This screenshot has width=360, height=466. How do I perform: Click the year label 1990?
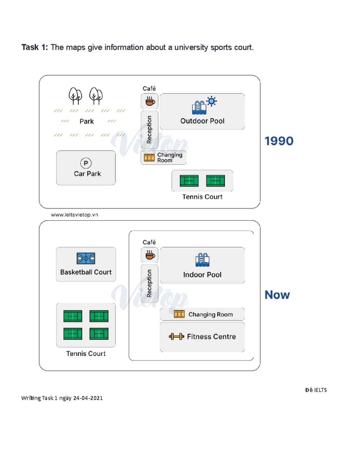coord(279,141)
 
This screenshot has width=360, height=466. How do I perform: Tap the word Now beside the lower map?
coord(277,295)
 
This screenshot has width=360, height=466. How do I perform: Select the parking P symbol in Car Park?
coord(86,163)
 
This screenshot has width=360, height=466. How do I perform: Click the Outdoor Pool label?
coord(202,121)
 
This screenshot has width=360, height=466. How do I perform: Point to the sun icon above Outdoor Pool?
coord(211,101)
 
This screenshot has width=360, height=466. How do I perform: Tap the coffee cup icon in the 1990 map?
coord(150,101)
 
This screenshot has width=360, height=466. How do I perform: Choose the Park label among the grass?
coord(87,122)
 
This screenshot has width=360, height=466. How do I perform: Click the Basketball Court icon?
coord(86,258)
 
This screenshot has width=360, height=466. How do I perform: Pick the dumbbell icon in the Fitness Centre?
coord(176,336)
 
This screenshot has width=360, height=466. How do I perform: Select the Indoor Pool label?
coord(202,275)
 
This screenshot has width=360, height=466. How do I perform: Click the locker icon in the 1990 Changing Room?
coord(149,158)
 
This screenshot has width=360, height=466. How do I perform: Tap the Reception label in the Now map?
coord(149,283)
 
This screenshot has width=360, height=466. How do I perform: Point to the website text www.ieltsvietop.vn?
coord(74,215)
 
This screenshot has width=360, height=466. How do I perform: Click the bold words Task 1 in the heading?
coord(34,47)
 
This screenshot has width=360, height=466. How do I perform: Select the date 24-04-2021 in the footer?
coord(88,398)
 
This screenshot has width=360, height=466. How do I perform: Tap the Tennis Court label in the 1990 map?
coord(202,197)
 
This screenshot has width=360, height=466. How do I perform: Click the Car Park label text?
coord(87,174)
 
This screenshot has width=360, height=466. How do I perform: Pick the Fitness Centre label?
coord(211,336)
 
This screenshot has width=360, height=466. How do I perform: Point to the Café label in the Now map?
coord(149,242)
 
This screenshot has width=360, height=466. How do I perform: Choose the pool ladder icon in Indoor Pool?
coord(202,260)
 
